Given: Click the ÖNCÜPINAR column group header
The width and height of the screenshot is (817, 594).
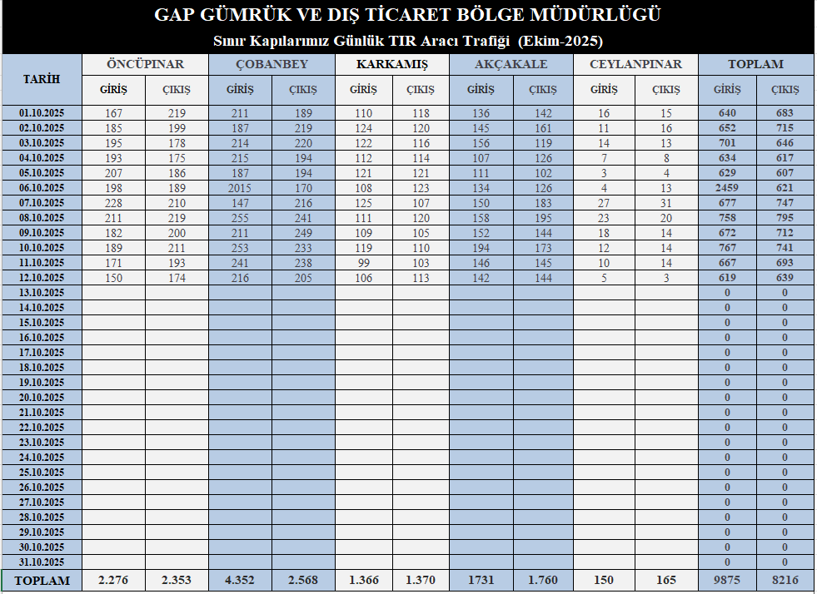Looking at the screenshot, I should (145, 64).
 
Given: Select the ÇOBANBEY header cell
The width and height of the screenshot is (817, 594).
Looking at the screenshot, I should (272, 64).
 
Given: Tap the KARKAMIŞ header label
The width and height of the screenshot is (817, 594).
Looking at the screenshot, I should (391, 64).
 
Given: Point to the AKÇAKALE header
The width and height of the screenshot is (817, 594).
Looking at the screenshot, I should (511, 64).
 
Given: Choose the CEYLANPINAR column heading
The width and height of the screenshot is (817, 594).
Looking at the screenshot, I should (635, 64).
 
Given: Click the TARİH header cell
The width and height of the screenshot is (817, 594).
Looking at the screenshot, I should (42, 79).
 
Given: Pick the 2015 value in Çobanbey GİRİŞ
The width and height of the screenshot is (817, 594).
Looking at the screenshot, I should (241, 188).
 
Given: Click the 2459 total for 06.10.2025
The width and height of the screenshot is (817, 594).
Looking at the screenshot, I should (726, 188).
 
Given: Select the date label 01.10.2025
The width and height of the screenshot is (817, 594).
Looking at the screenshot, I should (42, 113).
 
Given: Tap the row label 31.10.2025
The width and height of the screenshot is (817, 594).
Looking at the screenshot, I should (42, 562).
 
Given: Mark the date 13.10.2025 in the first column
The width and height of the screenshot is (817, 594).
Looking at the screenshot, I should (42, 293).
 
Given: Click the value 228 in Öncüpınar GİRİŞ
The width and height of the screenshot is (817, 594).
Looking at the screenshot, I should (113, 203).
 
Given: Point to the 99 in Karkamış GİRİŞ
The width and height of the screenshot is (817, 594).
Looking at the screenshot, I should (363, 263).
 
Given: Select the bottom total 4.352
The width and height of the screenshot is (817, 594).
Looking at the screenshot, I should (241, 580).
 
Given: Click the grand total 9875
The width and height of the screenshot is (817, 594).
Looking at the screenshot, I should (726, 580).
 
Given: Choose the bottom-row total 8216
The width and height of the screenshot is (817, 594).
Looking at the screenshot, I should (785, 580).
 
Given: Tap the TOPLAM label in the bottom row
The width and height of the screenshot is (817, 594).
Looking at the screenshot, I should (42, 580).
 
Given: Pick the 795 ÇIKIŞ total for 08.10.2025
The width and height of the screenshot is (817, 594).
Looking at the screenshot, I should (785, 218).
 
